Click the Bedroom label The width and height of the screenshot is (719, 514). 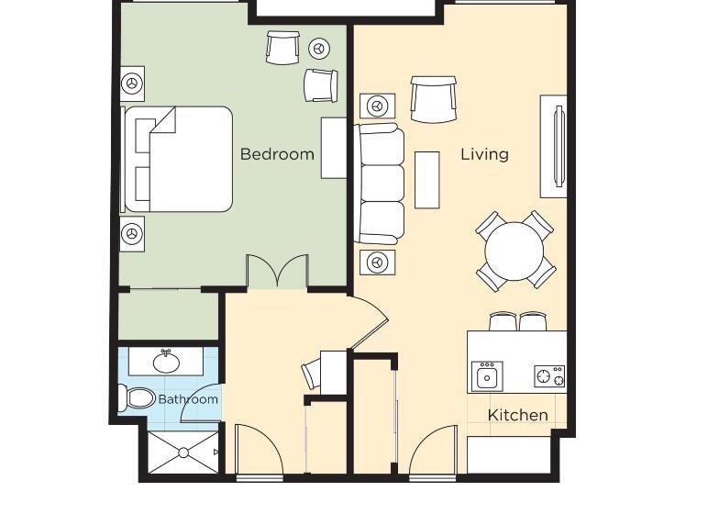[277, 154]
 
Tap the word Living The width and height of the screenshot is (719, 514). [484, 154]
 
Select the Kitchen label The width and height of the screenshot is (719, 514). [517, 415]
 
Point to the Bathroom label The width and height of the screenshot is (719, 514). [188, 399]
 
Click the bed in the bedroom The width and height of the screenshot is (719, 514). [178, 159]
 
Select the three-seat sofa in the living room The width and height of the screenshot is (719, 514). [381, 184]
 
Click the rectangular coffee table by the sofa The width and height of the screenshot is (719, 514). [426, 179]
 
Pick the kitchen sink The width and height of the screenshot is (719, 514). [487, 375]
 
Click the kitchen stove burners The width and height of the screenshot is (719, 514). [549, 375]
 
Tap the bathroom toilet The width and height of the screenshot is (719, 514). [137, 398]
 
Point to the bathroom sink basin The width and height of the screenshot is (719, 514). [166, 362]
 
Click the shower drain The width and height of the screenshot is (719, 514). [183, 453]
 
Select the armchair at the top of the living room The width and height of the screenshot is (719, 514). [433, 99]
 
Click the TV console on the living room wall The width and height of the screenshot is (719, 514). [553, 146]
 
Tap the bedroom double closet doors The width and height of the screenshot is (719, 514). [276, 272]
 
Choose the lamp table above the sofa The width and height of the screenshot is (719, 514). [376, 106]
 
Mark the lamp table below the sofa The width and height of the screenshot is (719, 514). [376, 261]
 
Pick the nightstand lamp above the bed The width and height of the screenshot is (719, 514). [133, 84]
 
